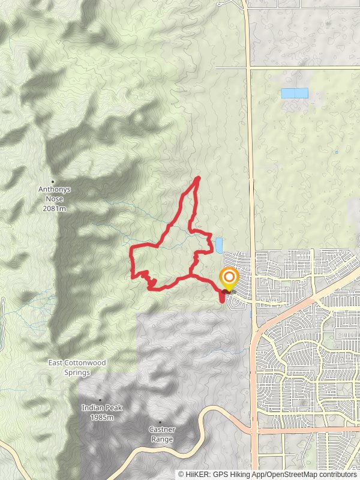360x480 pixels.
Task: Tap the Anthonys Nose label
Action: [x=55, y=189]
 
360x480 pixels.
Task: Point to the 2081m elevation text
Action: [x=55, y=208]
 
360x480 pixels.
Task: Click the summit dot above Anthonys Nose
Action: [x=53, y=182]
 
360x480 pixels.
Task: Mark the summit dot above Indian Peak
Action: [x=100, y=400]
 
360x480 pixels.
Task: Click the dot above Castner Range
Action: [x=160, y=422]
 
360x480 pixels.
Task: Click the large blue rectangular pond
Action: [x=295, y=93]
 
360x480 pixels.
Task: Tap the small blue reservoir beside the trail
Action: [x=219, y=245]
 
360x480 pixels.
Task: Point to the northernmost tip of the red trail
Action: [x=198, y=178]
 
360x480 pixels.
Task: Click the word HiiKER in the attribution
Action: [x=199, y=474]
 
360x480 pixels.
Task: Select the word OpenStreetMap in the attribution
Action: [x=287, y=474]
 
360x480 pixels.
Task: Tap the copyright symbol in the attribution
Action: [x=181, y=474]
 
